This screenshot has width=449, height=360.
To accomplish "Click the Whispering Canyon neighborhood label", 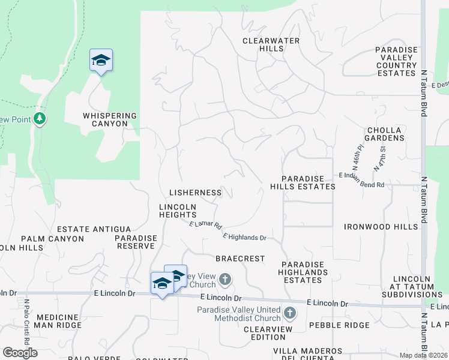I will coord(110,119).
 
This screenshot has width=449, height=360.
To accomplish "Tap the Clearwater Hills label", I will coord(271,44).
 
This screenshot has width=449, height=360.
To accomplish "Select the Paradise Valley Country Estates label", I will coord(396,61).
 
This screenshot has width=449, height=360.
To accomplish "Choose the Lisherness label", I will coord(196,193).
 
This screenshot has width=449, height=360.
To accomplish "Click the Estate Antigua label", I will coord(94,229).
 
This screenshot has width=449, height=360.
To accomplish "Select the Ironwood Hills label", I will coord(381,227).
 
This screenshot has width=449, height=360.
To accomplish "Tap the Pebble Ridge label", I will coord(340,325).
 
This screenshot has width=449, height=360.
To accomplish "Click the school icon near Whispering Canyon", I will coord(101,60).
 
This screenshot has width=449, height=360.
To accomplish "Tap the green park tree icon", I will coord(40,118).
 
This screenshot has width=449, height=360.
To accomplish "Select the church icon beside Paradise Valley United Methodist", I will coord(290,313).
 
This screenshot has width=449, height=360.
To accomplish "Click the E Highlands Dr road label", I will coord(244,238).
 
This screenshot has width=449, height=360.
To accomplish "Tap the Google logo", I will coord(20,353).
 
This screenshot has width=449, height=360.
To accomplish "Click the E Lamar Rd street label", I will coord(206,224).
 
